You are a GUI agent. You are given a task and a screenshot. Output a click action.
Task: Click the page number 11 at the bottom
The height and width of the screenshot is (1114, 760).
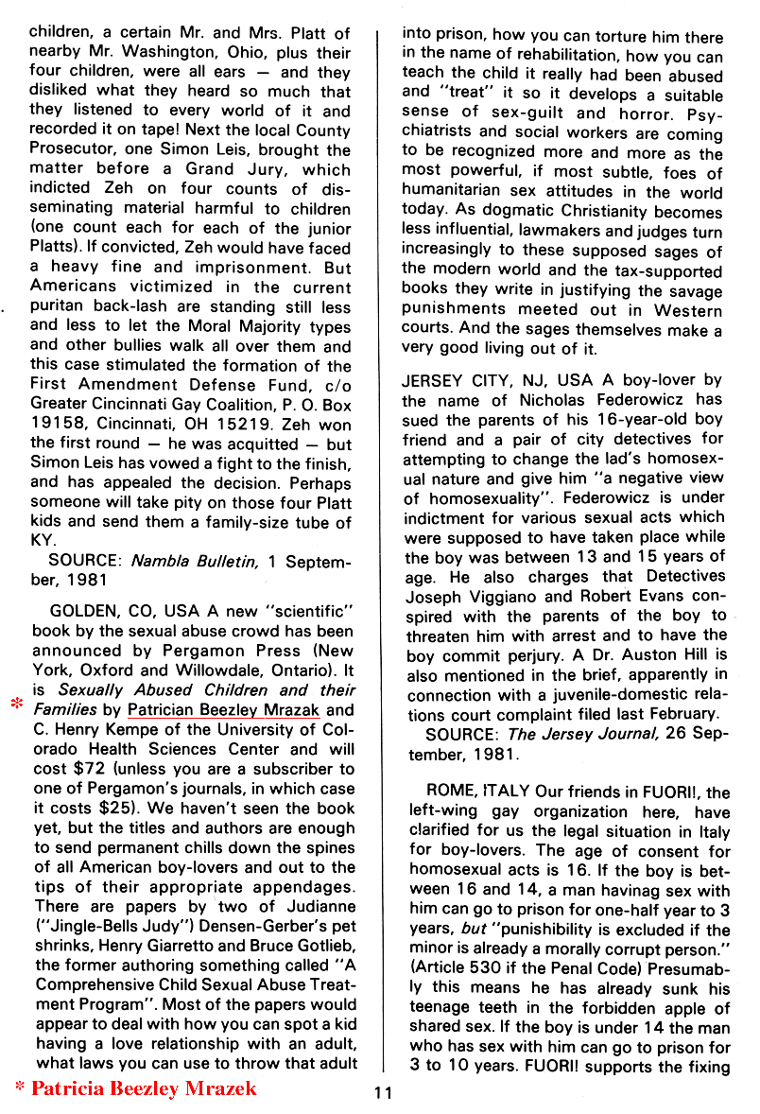coord(382,1093)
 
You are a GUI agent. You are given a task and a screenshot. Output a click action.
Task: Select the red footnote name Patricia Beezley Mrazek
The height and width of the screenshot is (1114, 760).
coord(144,1088)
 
